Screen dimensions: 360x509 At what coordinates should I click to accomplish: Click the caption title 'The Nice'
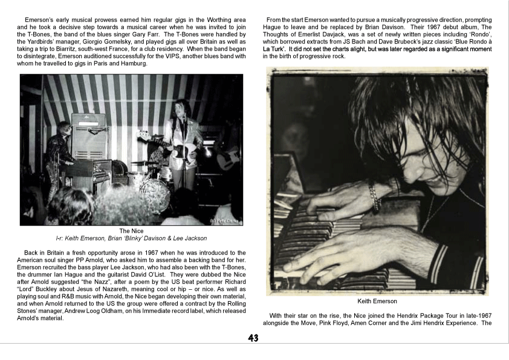pyautogui.click(x=131, y=231)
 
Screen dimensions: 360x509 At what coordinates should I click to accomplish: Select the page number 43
pyautogui.click(x=253, y=339)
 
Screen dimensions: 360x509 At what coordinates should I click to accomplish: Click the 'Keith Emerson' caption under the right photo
pyautogui.click(x=377, y=301)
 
